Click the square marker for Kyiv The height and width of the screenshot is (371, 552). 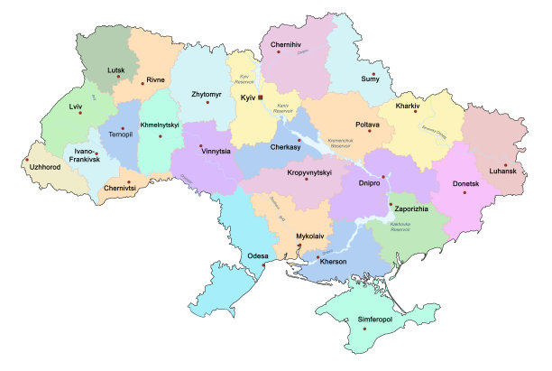tap(260, 96)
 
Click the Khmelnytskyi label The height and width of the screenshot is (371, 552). tap(159, 126)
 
